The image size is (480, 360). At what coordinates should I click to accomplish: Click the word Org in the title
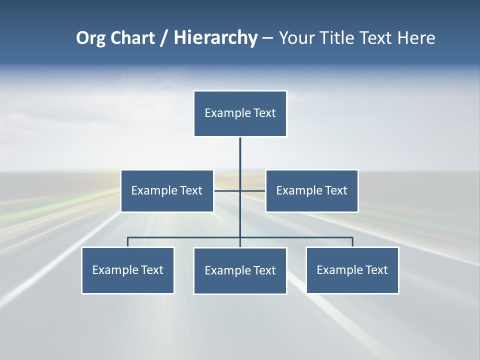pyautogui.click(x=91, y=38)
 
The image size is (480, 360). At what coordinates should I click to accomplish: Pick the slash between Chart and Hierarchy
pyautogui.click(x=164, y=38)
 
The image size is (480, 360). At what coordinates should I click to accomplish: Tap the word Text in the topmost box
pyautogui.click(x=264, y=113)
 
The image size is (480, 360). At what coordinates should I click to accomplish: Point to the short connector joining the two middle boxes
pyautogui.click(x=227, y=190)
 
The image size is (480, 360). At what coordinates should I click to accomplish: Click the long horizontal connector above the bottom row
pyautogui.click(x=185, y=237)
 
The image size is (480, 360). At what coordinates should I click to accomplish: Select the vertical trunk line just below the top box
pyautogui.click(x=240, y=155)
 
